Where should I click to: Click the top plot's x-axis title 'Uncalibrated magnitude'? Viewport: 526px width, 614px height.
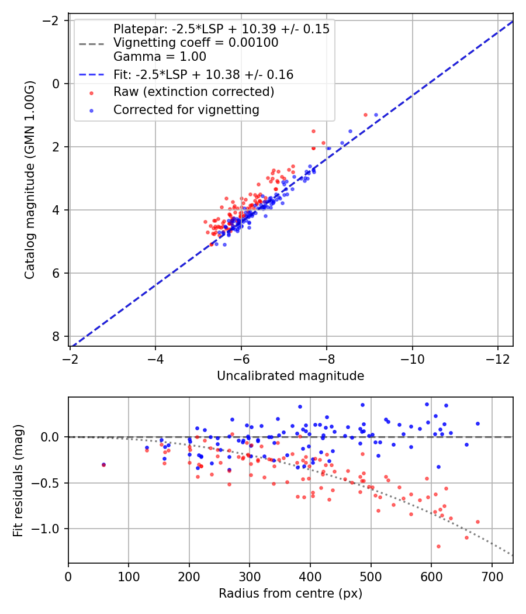290,376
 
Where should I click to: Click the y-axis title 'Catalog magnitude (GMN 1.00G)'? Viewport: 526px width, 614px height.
30,180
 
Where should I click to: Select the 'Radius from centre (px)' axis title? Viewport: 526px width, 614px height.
290,594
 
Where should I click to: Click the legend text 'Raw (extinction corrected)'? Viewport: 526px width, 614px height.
193,92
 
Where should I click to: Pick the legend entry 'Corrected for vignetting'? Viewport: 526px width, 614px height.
186,109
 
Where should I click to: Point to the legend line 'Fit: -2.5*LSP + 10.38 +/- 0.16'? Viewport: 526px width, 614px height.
203,75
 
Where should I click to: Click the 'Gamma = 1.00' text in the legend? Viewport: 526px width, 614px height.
160,57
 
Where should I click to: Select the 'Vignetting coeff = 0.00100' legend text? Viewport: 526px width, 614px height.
196,43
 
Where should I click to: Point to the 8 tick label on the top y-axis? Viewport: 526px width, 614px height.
57,336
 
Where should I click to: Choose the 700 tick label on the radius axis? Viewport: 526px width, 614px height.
492,576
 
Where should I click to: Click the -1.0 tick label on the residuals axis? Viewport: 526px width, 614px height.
50,529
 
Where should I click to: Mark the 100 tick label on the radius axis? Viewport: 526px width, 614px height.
129,576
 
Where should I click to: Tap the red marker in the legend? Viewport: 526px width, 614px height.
91,92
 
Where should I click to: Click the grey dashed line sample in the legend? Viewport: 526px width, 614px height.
91,43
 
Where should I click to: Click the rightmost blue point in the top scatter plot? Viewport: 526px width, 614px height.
376,115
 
